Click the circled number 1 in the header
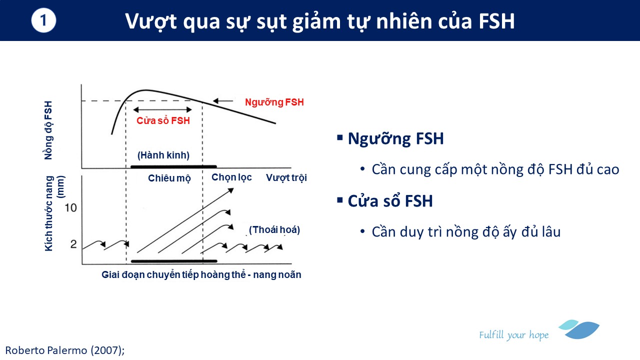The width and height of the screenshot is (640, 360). click(x=43, y=20)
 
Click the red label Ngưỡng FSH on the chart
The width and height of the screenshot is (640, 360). click(x=274, y=102)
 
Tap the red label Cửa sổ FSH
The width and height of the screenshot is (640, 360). click(x=163, y=120)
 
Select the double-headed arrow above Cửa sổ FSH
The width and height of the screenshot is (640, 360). click(x=162, y=109)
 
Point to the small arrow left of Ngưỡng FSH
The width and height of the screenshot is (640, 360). click(x=223, y=101)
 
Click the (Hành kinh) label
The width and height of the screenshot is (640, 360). click(x=163, y=155)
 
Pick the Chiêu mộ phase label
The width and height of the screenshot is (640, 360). click(x=169, y=178)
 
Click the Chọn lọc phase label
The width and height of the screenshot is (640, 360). click(x=231, y=177)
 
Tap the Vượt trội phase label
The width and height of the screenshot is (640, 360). click(x=286, y=177)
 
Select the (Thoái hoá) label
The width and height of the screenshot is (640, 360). click(x=274, y=229)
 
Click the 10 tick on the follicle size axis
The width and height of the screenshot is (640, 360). click(x=70, y=207)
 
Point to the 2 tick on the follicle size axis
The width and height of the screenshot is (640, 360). click(x=73, y=244)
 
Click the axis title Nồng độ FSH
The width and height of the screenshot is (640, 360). click(x=48, y=130)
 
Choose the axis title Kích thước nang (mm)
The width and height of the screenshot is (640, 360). click(x=54, y=213)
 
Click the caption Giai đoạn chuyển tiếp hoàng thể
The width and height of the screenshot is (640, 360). click(x=173, y=274)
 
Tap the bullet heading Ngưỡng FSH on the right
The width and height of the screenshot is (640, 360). click(x=395, y=139)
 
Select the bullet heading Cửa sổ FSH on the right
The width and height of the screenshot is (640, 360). click(x=390, y=201)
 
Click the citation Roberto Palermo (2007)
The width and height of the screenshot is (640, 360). click(x=65, y=350)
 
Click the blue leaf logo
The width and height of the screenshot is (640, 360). click(x=579, y=329)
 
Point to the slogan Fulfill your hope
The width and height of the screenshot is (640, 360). click(x=514, y=335)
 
